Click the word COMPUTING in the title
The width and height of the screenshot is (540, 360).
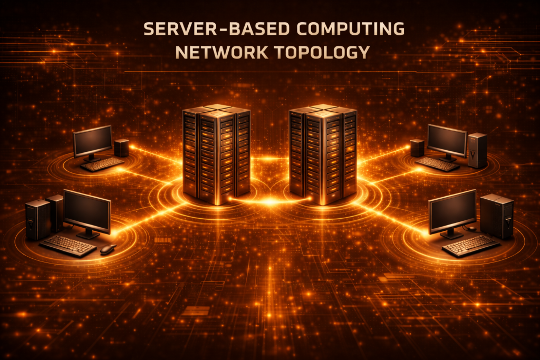pyautogui.click(x=350, y=28)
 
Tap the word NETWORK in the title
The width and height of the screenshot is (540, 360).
pyautogui.click(x=222, y=52)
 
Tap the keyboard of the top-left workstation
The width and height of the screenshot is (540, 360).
pyautogui.click(x=102, y=164)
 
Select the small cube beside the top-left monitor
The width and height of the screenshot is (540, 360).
pyautogui.click(x=121, y=148)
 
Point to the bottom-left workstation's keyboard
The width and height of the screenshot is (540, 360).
pyautogui.click(x=68, y=246)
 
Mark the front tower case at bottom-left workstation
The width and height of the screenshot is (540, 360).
pyautogui.click(x=38, y=220)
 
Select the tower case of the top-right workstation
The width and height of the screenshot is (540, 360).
pyautogui.click(x=477, y=150)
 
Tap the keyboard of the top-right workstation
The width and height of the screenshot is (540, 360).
pyautogui.click(x=437, y=164)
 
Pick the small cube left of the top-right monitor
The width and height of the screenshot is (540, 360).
pyautogui.click(x=417, y=148)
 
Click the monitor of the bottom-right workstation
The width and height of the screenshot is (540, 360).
pyautogui.click(x=452, y=213)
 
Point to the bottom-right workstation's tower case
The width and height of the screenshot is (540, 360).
pyautogui.click(x=497, y=216)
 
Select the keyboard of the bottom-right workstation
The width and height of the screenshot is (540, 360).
pyautogui.click(x=471, y=246)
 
